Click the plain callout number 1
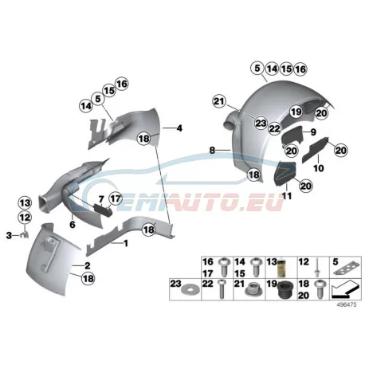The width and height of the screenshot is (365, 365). pos(126,243)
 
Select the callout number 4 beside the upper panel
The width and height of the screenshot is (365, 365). pos(179,128)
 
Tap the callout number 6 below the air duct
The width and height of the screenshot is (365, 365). pos(73,225)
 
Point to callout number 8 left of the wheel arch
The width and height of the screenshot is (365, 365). pos(212,151)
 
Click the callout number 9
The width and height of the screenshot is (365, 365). pos(313,131)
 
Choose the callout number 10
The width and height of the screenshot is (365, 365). pos(319,168)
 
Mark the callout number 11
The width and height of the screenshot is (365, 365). pos(287,196)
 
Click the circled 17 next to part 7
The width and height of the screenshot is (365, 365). pos(116,198)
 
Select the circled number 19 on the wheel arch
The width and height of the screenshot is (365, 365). pos(296,112)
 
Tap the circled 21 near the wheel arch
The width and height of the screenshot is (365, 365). pos(219,101)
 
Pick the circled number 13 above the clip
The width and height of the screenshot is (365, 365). pos(25,203)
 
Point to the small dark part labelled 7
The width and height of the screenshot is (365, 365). pos(102,210)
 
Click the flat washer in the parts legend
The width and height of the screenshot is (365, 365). pos(187,290)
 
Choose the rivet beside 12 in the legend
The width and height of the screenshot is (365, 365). pos(317,268)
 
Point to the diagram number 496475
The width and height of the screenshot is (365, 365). pos(347,304)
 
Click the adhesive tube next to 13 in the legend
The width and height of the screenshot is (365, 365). pos(281,268)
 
